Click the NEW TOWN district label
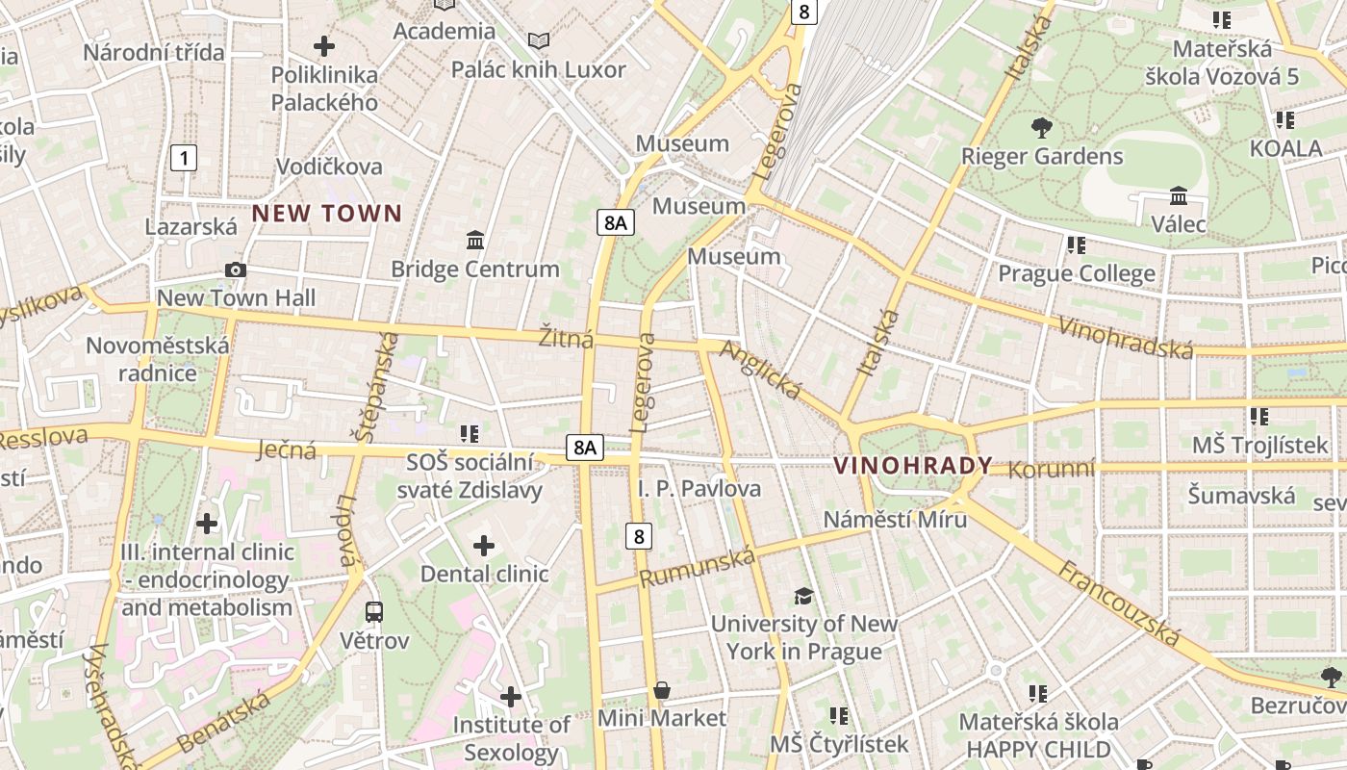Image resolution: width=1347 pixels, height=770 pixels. click(x=327, y=214)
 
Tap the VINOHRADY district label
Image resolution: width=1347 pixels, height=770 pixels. click(x=912, y=466)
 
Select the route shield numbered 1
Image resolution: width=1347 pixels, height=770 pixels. click(x=184, y=158)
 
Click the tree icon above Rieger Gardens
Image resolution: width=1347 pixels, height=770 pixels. click(x=1041, y=127)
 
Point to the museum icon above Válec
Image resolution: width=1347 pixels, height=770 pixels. click(x=1179, y=196)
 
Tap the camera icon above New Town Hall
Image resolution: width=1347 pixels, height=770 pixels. click(x=235, y=270)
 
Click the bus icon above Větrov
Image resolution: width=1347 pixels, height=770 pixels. click(x=374, y=611)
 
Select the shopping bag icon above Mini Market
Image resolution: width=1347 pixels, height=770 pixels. click(x=662, y=690)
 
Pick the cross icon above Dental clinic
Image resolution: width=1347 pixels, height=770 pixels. click(x=484, y=547)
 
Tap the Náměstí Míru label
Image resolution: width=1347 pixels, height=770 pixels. click(x=895, y=519)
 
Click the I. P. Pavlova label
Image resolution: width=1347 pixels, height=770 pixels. click(x=699, y=489)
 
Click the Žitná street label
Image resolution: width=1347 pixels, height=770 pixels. click(x=566, y=339)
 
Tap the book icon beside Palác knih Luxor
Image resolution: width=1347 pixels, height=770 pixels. click(x=540, y=41)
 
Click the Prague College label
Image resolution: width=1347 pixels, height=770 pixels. click(x=1077, y=274)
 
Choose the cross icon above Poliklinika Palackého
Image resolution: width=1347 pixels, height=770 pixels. click(x=324, y=45)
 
